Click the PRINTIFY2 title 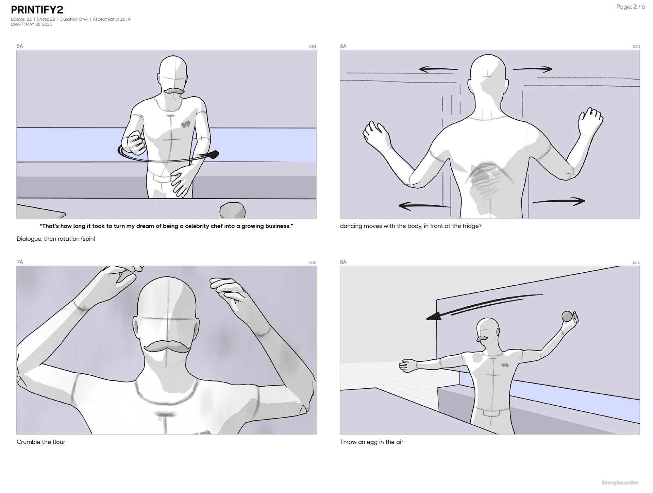click(37, 10)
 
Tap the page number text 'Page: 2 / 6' click(631, 7)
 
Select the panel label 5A click(20, 46)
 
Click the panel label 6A click(343, 46)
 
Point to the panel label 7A click(20, 262)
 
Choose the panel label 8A click(343, 262)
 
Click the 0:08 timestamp click(313, 47)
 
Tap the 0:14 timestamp click(636, 263)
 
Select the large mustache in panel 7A click(167, 347)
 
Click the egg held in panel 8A click(567, 316)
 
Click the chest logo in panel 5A click(185, 124)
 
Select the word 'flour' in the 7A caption click(58, 442)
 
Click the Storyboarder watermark click(620, 482)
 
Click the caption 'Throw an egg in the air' click(371, 442)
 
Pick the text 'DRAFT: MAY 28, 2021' click(31, 24)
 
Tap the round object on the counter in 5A click(232, 210)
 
